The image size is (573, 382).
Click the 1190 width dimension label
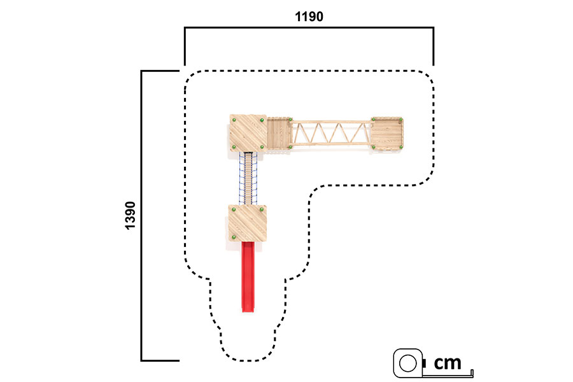point(309,17)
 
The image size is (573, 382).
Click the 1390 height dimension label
point(130,215)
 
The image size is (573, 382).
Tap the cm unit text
point(448,363)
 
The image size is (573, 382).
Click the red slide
point(248,277)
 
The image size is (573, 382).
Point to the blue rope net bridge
point(248,178)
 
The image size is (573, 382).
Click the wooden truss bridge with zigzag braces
point(331,133)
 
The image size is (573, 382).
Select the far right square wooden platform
point(387,134)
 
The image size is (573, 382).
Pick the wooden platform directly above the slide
point(248,223)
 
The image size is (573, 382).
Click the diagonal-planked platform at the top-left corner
point(248,132)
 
